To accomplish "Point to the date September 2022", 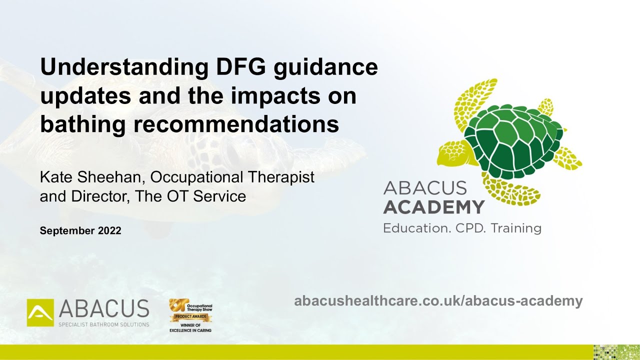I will click(x=80, y=231).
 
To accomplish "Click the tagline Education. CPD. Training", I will click(x=462, y=228).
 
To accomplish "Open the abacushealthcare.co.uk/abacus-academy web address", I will click(x=438, y=301).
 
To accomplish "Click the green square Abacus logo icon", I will click(x=40, y=312).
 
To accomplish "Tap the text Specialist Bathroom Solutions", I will click(x=104, y=324).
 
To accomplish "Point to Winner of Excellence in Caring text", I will click(x=190, y=328).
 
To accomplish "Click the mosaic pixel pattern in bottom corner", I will click(x=615, y=352).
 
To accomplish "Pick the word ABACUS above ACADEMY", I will click(x=425, y=188).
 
